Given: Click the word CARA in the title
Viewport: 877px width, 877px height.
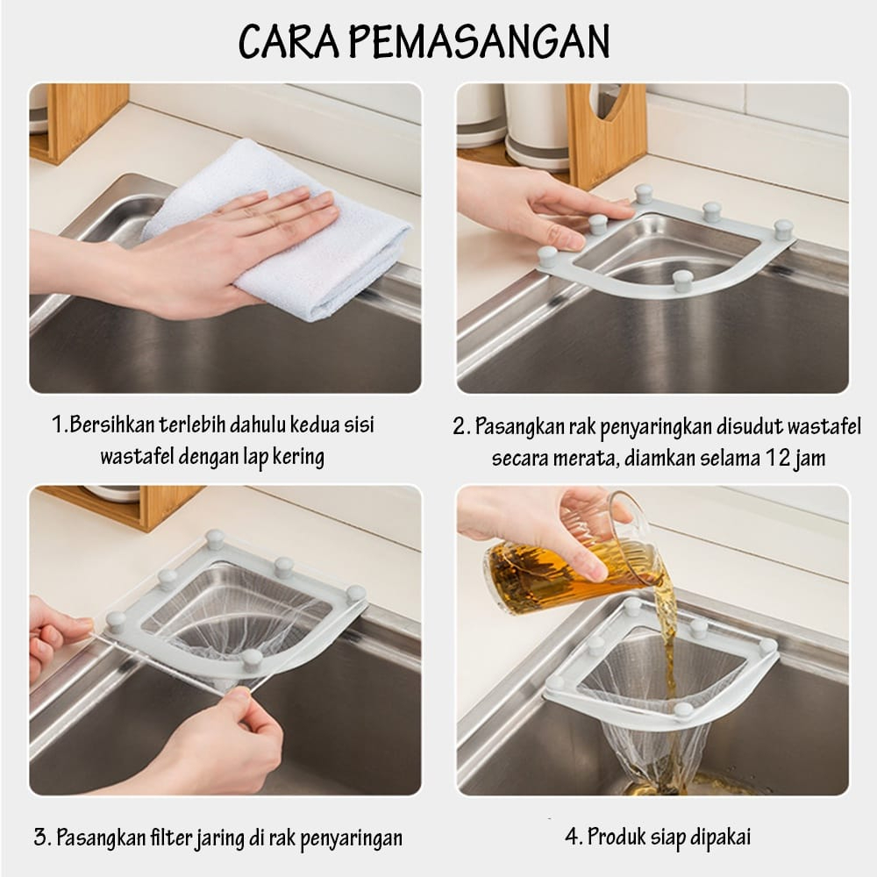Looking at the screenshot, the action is click(x=289, y=42).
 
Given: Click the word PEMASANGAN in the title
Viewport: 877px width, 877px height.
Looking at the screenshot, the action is click(x=481, y=42).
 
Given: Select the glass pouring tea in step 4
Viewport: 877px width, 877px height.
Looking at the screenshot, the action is click(x=565, y=560).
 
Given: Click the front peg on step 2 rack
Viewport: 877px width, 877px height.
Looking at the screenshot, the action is click(x=682, y=280).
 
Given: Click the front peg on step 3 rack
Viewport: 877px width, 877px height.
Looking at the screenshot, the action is click(x=252, y=660).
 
